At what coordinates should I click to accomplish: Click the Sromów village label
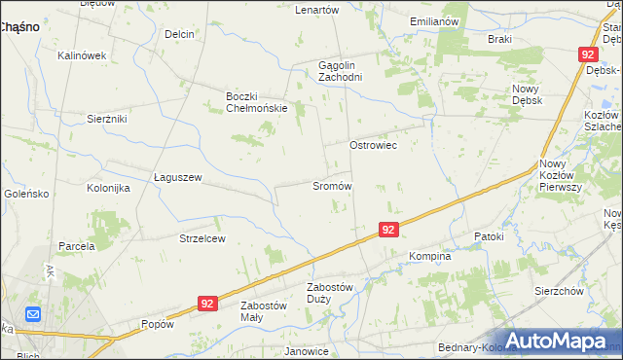[331, 185]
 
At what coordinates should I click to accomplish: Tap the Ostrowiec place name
[373, 144]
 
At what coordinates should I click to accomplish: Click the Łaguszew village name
[177, 177]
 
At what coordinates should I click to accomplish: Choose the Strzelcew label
[202, 238]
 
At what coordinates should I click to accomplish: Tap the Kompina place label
[429, 257]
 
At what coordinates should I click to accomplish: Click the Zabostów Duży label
[328, 293]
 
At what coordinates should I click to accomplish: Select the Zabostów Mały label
[265, 311]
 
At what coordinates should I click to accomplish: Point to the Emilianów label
[434, 20]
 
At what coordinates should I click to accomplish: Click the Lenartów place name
[316, 10]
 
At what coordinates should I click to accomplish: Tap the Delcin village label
[179, 34]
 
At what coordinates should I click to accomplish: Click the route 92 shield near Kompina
[388, 230]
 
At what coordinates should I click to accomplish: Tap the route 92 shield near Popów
[205, 304]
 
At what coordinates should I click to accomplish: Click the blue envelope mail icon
[32, 314]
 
